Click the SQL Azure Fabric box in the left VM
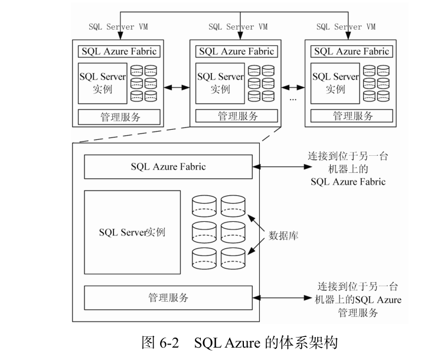119,51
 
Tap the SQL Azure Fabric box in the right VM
351,51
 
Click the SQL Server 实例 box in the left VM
102,83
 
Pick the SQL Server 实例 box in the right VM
335,83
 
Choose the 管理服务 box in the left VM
119,116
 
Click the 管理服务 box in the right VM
351,116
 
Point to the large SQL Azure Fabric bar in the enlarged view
168,166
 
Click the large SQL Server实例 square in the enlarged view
132,232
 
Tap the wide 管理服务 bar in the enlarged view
168,298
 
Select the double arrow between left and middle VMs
175,87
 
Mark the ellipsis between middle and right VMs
292,99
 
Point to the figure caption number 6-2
168,343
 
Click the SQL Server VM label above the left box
119,27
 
